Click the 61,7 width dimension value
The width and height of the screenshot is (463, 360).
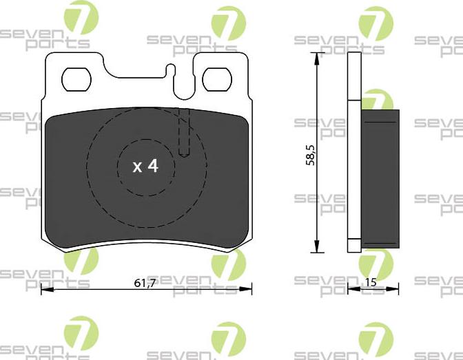(x=145, y=282)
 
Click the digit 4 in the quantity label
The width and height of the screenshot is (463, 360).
(x=152, y=166)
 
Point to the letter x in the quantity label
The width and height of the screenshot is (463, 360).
(x=136, y=167)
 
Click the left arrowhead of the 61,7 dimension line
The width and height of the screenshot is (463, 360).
(x=45, y=290)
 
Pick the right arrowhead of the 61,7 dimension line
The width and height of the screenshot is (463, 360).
(x=247, y=290)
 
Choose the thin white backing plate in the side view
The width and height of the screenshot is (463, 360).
(x=354, y=151)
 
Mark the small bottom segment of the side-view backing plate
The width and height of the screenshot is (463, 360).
(x=354, y=244)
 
